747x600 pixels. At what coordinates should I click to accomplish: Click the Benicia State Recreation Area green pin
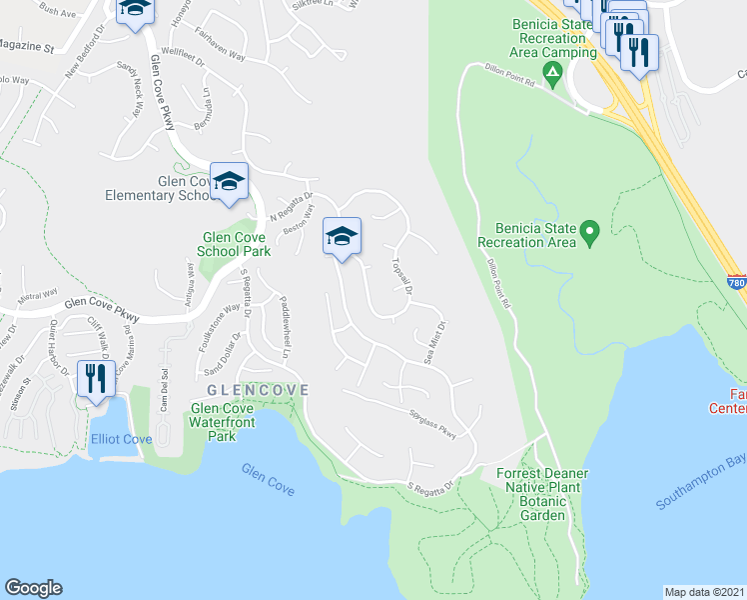589,236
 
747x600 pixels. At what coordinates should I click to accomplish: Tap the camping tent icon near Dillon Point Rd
550,71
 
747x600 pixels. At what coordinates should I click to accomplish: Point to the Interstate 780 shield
737,284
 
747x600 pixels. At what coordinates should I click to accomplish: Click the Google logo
33,588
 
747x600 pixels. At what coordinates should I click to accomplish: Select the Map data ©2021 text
704,592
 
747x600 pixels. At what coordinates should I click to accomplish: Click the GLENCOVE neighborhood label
258,389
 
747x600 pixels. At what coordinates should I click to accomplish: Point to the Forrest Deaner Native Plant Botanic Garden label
536,494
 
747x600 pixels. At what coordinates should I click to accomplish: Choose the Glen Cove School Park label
236,245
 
